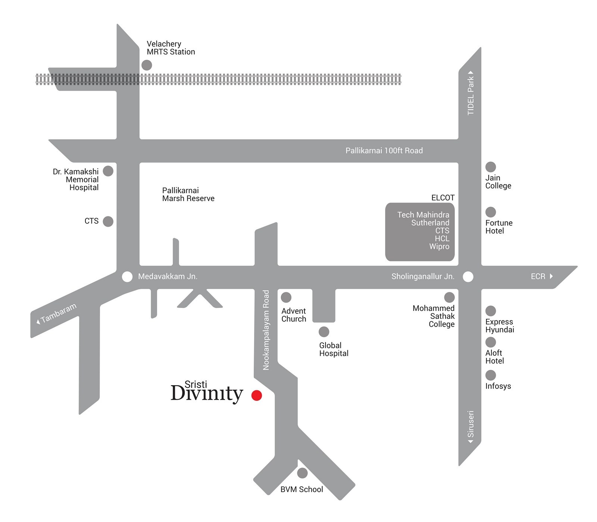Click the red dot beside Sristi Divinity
[x=257, y=395]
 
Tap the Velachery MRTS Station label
[x=171, y=48]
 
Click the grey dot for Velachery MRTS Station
[x=147, y=65]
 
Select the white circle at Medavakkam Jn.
[x=127, y=277]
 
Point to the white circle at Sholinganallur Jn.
[x=468, y=277]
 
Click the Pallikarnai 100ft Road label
[x=384, y=151]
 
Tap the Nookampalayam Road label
[x=266, y=330]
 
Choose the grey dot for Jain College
[x=491, y=167]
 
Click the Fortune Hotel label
[x=499, y=227]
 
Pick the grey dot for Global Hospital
[x=324, y=332]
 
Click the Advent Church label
[x=294, y=315]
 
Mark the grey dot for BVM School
[x=302, y=473]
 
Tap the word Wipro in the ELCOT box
[x=439, y=246]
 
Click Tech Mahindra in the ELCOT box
[x=423, y=215]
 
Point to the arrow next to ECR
[x=551, y=276]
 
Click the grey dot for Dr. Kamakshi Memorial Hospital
[x=108, y=171]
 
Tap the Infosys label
[x=498, y=386]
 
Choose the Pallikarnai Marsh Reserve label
[x=188, y=194]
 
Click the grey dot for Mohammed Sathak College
[x=449, y=297]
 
